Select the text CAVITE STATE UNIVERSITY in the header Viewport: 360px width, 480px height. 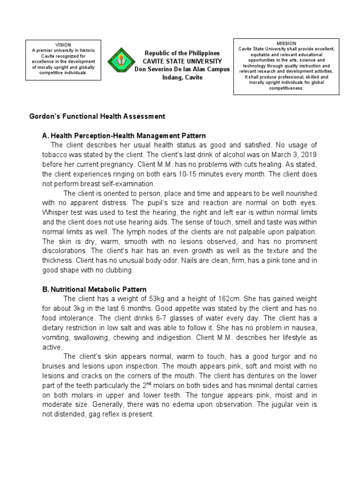(182, 62)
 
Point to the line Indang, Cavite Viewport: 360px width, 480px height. (182, 77)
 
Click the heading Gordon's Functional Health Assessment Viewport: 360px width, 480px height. (97, 116)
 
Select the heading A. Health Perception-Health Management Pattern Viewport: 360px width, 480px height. (124, 136)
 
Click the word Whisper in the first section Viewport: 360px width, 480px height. (52, 213)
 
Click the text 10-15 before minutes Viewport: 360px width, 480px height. (181, 174)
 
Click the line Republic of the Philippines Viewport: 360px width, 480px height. (182, 54)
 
